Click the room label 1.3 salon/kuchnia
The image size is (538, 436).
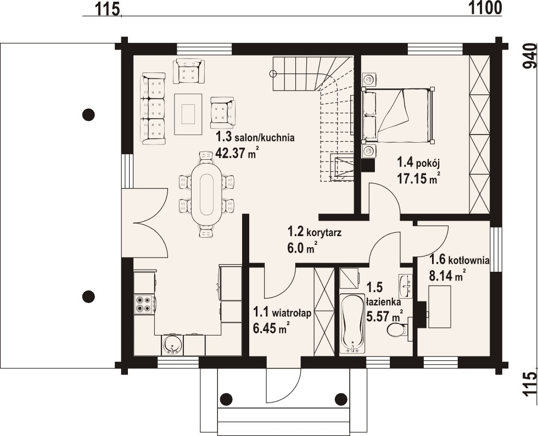255,137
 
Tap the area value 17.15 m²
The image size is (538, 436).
418,178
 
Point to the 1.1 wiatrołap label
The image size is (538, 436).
282,313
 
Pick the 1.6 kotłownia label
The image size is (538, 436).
459,260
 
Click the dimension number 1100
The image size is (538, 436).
485,8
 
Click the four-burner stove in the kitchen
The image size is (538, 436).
144,304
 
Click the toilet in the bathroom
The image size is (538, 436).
399,329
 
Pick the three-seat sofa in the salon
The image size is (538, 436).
153,108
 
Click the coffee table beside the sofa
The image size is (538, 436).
188,114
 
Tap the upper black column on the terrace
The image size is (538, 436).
88,114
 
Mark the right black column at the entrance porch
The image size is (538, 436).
341,399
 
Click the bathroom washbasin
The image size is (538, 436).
406,286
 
